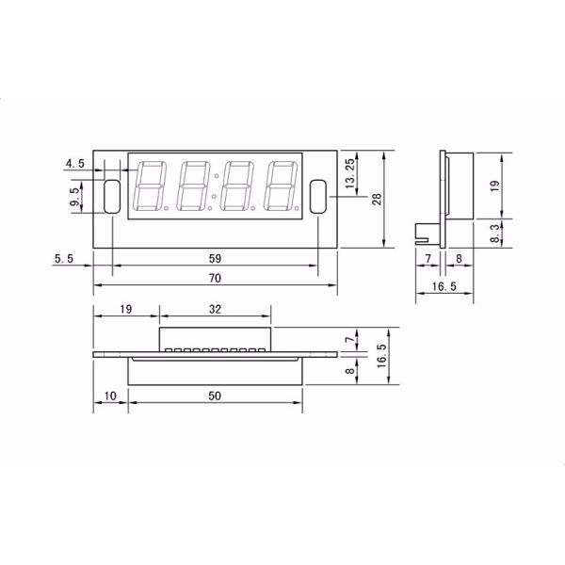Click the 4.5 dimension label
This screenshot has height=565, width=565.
tap(74, 164)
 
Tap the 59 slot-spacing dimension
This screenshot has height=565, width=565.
tap(214, 257)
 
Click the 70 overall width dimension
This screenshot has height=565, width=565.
tap(214, 279)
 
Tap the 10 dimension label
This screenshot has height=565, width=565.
tap(109, 396)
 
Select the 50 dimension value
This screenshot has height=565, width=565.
tap(215, 396)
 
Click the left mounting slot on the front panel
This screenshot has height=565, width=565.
tap(111, 196)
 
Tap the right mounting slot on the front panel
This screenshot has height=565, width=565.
tap(317, 196)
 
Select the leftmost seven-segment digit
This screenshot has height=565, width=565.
tap(152, 186)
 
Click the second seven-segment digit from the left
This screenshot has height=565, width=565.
tap(194, 186)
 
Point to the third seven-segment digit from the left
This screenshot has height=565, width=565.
tap(236, 186)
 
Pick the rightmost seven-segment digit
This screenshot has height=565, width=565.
tap(281, 186)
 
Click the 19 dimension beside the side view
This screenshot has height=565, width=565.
tap(496, 186)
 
